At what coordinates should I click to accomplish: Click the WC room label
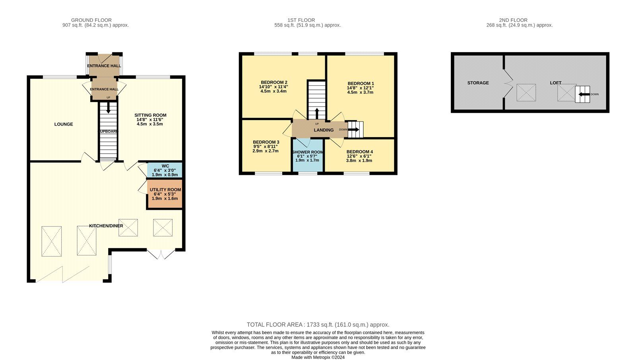(165, 166)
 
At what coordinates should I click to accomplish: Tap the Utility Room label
(165, 190)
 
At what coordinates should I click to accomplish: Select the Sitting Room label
(150, 115)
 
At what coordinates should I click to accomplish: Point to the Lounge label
(64, 124)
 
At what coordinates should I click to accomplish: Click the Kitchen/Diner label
(106, 226)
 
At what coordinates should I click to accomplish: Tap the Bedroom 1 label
(361, 83)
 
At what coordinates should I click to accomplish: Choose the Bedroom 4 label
(359, 152)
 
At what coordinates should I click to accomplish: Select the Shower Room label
(308, 152)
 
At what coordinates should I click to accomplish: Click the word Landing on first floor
(324, 130)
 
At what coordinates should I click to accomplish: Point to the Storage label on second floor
(478, 83)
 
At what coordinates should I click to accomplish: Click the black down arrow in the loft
(584, 94)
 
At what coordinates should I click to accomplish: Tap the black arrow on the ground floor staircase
(108, 108)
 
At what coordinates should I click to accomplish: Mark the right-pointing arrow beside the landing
(353, 130)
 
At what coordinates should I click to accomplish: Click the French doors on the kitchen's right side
(161, 254)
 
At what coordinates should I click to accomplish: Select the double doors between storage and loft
(508, 83)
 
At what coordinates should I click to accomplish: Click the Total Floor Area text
(318, 325)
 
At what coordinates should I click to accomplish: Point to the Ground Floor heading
(91, 20)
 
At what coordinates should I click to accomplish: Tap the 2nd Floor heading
(513, 20)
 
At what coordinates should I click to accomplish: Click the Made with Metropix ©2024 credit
(318, 358)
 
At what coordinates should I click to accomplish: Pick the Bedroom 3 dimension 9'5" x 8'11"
(266, 147)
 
